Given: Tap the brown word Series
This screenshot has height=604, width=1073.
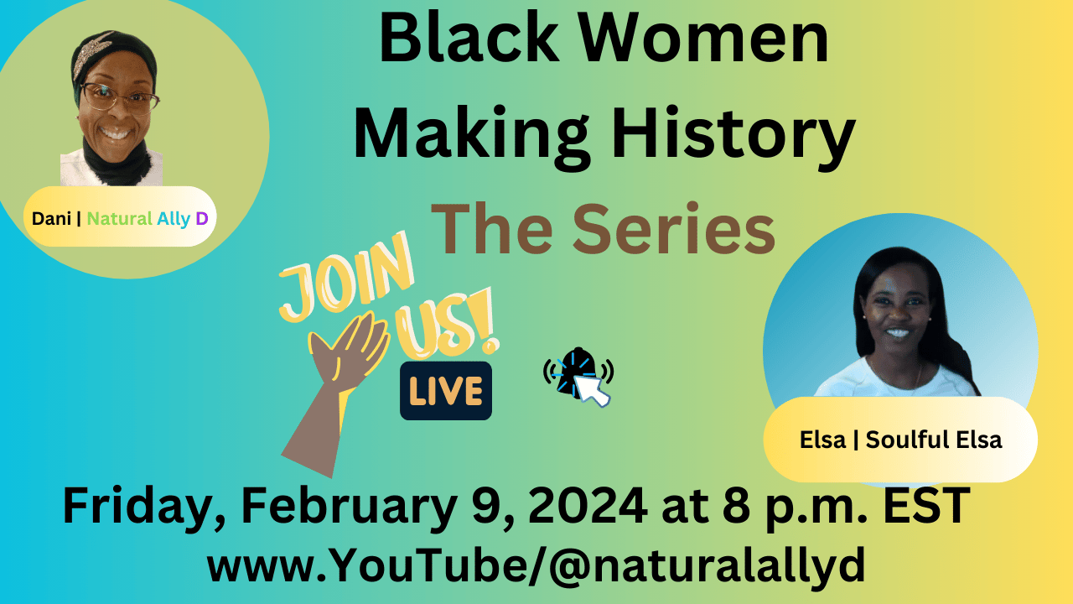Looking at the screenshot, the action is [x=673, y=229].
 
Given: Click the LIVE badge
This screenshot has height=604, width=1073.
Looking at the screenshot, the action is [x=446, y=391].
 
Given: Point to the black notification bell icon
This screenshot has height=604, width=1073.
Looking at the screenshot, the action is [x=578, y=372].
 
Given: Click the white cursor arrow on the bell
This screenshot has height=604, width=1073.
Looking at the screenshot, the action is [x=592, y=390].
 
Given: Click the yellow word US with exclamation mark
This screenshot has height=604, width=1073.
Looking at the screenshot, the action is [x=448, y=326].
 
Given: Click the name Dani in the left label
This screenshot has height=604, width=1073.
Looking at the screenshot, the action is [x=51, y=219].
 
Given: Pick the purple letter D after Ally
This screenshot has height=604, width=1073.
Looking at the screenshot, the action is [x=202, y=219].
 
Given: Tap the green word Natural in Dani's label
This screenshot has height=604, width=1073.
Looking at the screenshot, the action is [x=119, y=219].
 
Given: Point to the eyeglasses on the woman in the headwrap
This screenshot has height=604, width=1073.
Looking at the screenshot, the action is [x=120, y=98].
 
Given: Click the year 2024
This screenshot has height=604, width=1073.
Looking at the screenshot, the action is [x=588, y=505].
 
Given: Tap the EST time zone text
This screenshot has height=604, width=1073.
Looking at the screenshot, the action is [x=926, y=505].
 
